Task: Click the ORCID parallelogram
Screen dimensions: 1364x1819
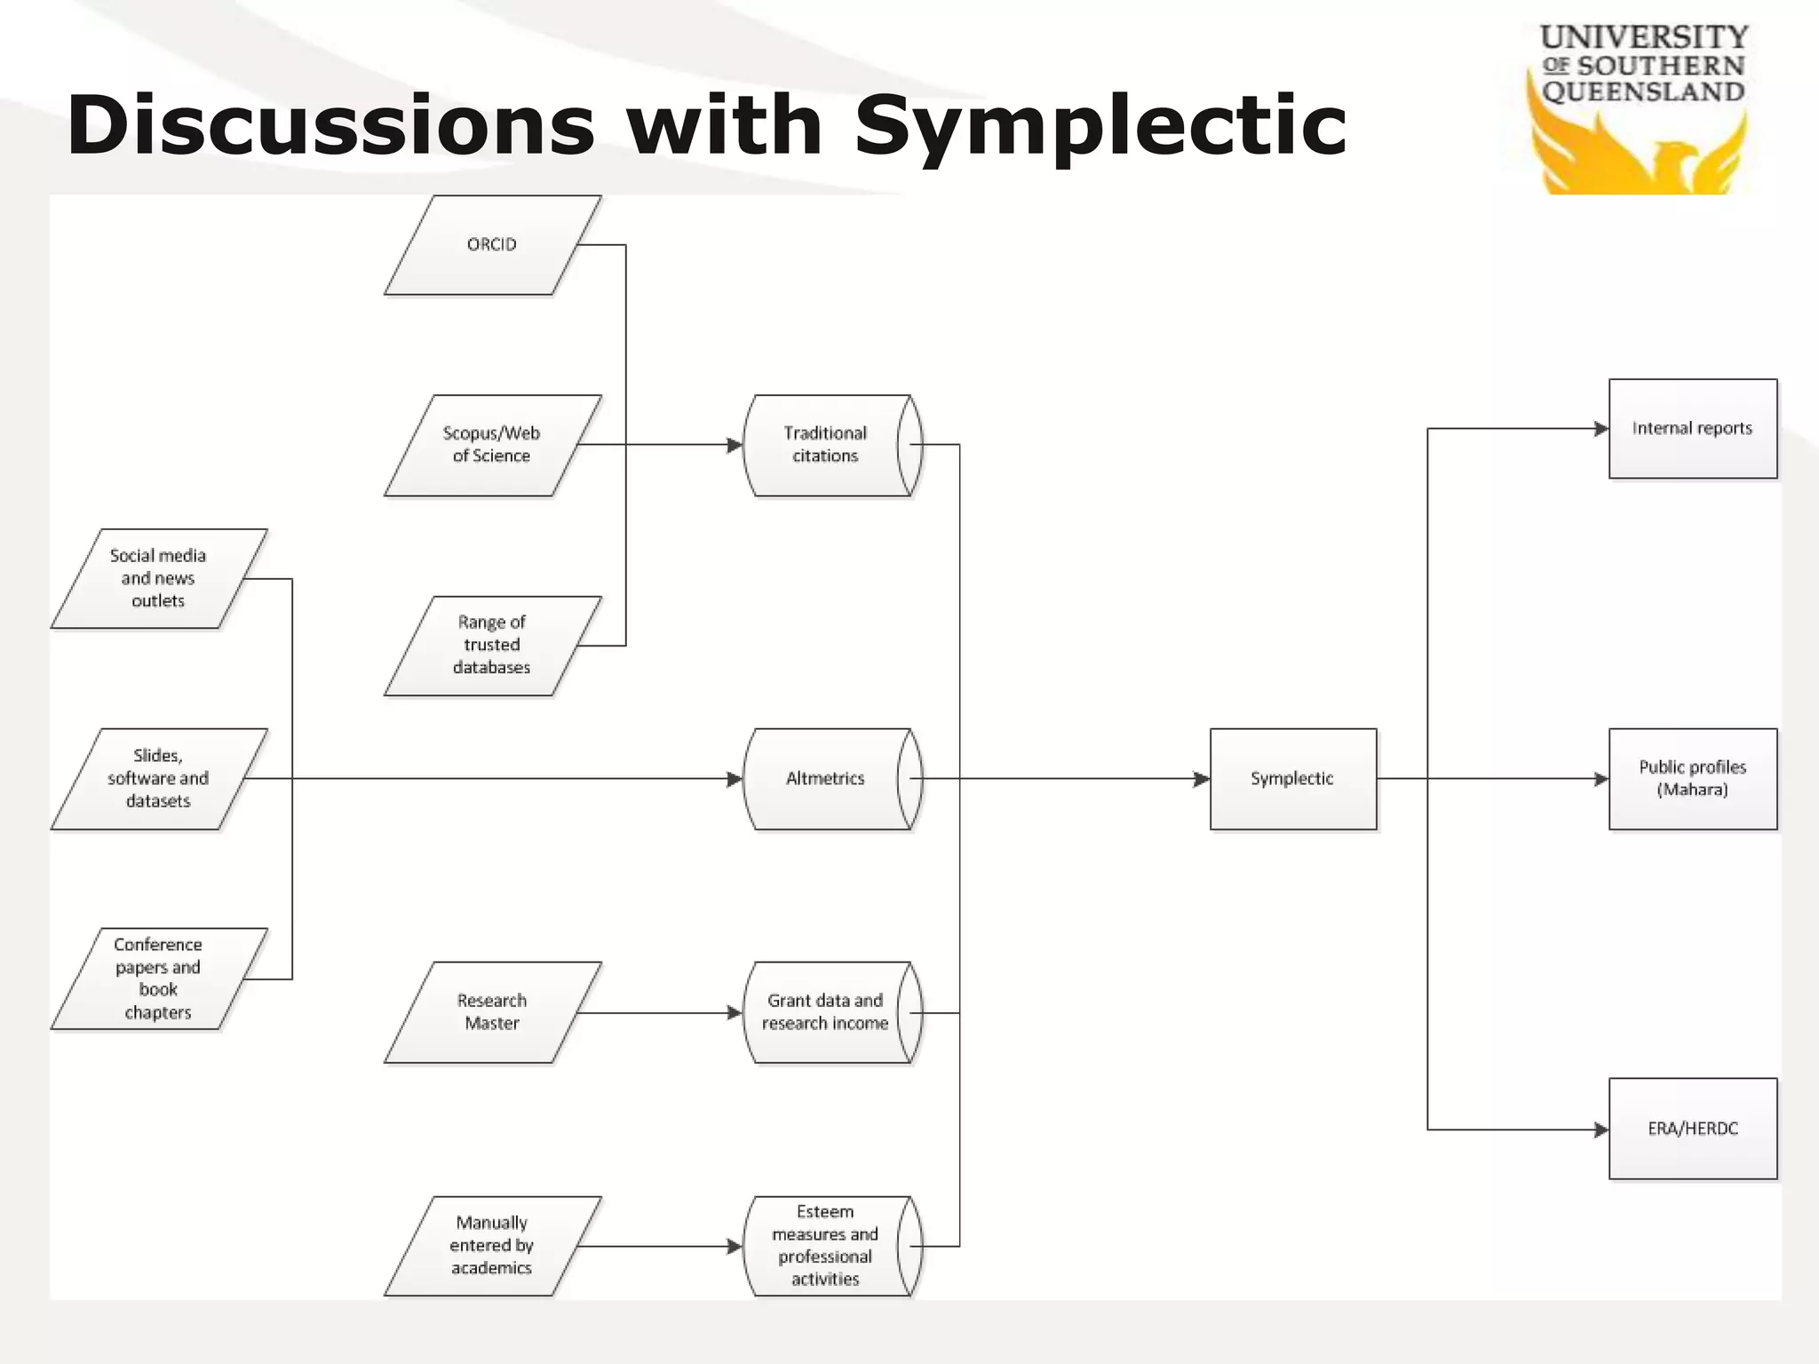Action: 492,245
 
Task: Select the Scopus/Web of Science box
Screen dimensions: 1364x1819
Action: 492,445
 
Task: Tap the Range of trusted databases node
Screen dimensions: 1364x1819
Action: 492,646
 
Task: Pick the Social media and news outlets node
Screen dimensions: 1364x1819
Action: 158,579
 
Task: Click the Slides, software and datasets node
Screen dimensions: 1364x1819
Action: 158,779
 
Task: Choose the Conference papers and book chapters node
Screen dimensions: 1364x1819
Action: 158,979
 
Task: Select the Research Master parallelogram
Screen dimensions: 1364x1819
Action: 492,1012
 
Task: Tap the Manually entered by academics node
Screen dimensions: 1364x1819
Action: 492,1246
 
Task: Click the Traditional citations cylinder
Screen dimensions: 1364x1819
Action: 826,445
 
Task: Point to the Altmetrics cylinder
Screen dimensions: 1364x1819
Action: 826,779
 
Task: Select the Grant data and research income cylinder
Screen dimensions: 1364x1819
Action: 826,1012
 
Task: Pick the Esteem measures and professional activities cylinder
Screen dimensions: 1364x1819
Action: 826,1246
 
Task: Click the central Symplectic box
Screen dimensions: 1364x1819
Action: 1292,779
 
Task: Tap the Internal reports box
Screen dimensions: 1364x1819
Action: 1692,429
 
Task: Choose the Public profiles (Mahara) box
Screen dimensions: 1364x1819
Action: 1692,779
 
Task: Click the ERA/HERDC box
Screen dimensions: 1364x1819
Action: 1692,1129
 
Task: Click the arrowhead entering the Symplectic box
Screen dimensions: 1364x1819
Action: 1201,779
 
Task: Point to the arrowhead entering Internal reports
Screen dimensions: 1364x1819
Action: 1601,429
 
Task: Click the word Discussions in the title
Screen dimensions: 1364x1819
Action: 330,125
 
